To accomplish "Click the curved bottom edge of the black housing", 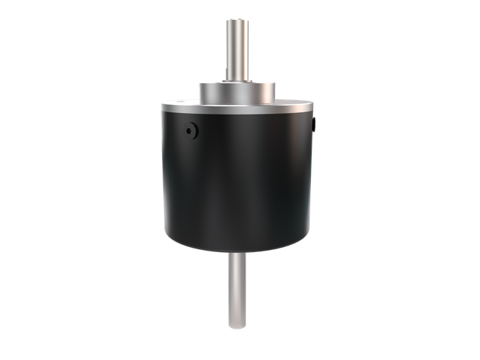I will (x=236, y=252).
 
